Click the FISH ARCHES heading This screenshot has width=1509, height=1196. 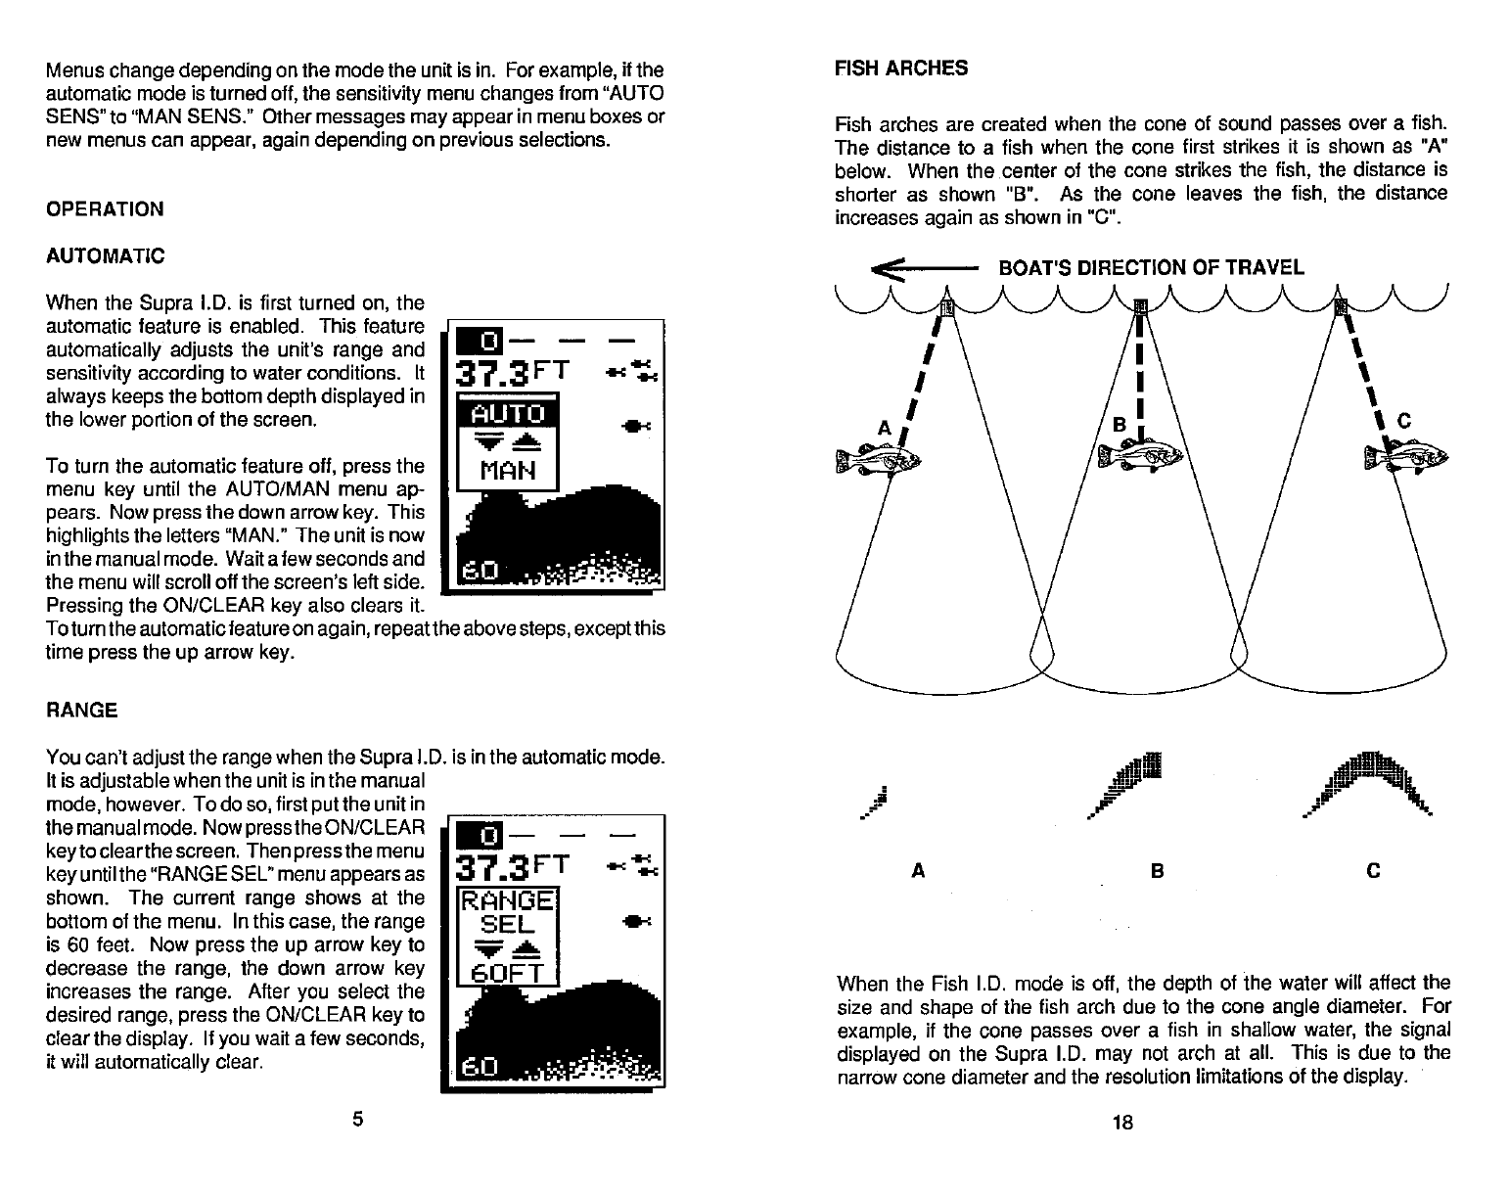[x=900, y=68]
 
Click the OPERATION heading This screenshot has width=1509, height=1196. [x=105, y=208]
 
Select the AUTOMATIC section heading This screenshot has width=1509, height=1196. [x=105, y=255]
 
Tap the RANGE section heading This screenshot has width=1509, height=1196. [x=81, y=710]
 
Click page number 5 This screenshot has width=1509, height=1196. [x=358, y=1119]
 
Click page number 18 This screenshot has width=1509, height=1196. [x=1122, y=1123]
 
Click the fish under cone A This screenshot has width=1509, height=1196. [x=879, y=458]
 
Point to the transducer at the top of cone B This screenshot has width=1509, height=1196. [x=1139, y=306]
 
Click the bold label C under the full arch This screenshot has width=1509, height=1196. [x=1372, y=870]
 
